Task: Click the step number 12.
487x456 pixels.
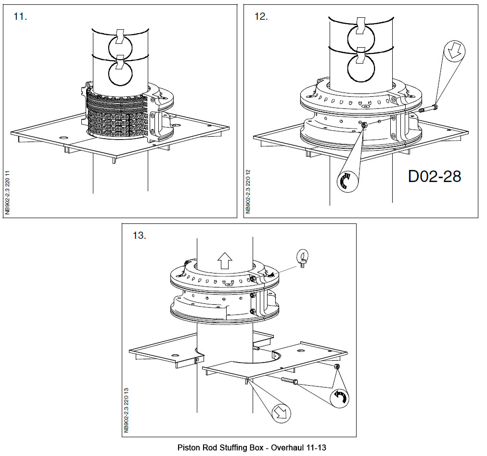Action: click(x=260, y=17)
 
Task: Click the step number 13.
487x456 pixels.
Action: click(x=139, y=236)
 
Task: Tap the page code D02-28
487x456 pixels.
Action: click(x=434, y=176)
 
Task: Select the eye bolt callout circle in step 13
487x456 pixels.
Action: click(x=302, y=256)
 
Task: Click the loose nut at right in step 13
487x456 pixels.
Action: click(x=337, y=367)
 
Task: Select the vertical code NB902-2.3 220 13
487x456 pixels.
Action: click(x=126, y=411)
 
